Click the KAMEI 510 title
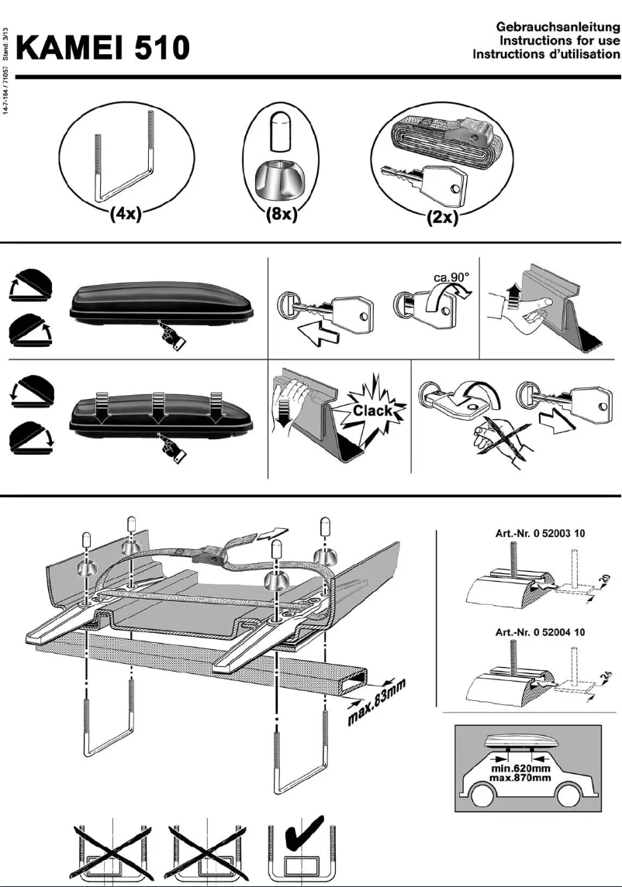104,48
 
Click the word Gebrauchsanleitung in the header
557,29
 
